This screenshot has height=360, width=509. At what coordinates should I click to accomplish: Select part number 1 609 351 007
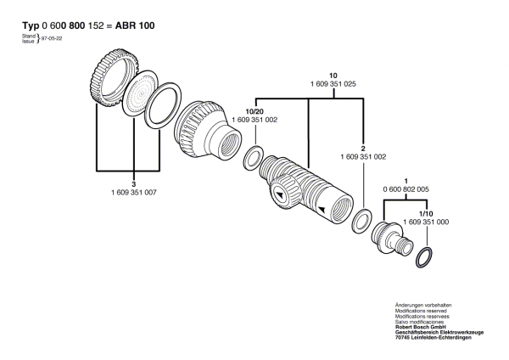pyautogui.click(x=134, y=194)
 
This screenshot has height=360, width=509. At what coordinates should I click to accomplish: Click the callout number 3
pyautogui.click(x=134, y=184)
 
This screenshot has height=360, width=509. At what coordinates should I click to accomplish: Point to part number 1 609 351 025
pyautogui.click(x=310, y=85)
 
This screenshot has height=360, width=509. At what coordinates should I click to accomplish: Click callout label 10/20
pyautogui.click(x=255, y=112)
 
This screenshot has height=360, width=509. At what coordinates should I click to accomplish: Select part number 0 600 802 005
pyautogui.click(x=406, y=190)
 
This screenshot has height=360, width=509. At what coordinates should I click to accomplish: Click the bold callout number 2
pyautogui.click(x=363, y=148)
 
